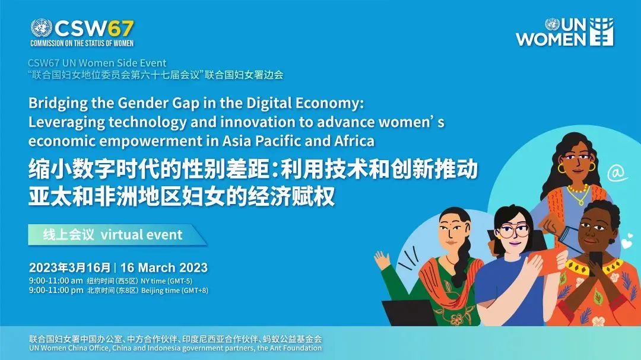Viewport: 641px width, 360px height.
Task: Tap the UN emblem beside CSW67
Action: point(42,29)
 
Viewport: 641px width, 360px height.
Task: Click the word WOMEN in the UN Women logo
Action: point(551,39)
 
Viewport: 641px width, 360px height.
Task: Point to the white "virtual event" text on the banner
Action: point(141,234)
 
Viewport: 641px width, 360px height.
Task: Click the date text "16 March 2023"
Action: point(164,267)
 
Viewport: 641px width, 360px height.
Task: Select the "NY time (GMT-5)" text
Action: point(166,281)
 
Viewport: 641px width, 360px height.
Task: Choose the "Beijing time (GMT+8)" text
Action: point(174,291)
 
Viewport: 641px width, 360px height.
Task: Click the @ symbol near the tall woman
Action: point(617,173)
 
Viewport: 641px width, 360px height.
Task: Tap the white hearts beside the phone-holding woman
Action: point(627,242)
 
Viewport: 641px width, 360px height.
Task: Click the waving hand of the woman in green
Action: point(382,260)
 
